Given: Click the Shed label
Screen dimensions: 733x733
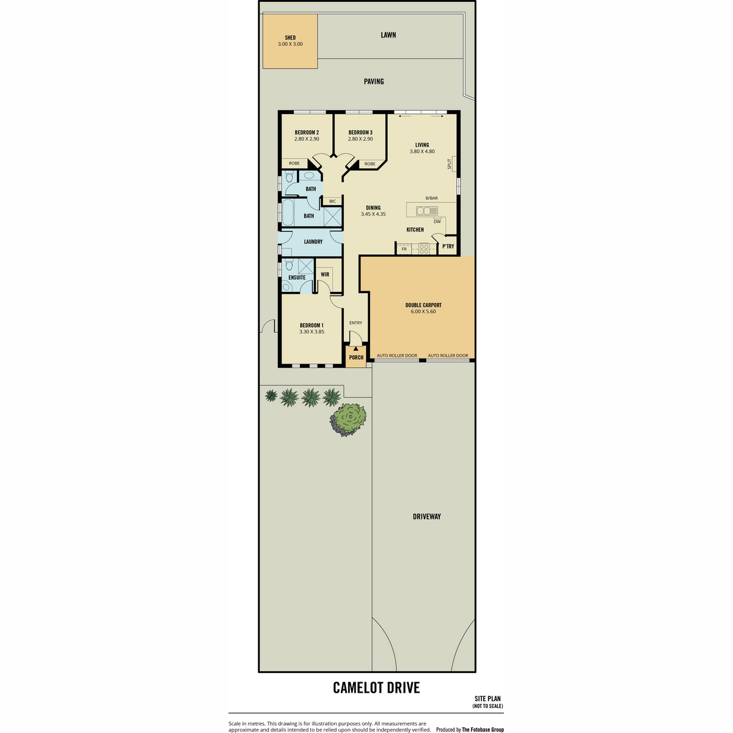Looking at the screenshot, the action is pyautogui.click(x=290, y=38).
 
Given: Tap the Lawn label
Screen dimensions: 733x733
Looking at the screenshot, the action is pyautogui.click(x=388, y=35).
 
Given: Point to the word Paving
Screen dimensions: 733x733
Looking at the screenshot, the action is pyautogui.click(x=374, y=81).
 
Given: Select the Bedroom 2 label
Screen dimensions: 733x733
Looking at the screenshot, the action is pyautogui.click(x=307, y=133).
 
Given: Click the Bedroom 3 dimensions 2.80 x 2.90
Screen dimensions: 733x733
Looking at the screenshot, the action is pyautogui.click(x=360, y=139).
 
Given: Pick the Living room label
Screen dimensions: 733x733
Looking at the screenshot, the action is pyautogui.click(x=422, y=145).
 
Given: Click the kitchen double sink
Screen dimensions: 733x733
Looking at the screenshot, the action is pyautogui.click(x=427, y=210).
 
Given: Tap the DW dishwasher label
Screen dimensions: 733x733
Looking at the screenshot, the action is pyautogui.click(x=437, y=221).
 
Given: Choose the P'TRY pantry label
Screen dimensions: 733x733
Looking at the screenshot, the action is pyautogui.click(x=448, y=246).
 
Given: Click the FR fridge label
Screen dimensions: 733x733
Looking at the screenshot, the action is pyautogui.click(x=404, y=249).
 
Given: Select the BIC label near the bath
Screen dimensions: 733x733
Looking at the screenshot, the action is pyautogui.click(x=332, y=201).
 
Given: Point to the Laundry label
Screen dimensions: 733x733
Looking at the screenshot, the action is pyautogui.click(x=313, y=241).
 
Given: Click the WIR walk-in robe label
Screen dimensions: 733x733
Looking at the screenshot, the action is pyautogui.click(x=325, y=274).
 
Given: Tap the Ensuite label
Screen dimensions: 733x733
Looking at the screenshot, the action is pyautogui.click(x=297, y=277).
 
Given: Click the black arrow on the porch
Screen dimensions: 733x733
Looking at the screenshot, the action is pyautogui.click(x=356, y=348).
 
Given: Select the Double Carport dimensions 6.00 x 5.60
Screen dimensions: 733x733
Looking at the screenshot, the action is pyautogui.click(x=423, y=312).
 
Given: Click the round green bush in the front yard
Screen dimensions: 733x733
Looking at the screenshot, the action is pyautogui.click(x=348, y=420).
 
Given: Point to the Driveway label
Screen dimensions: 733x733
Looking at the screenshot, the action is pyautogui.click(x=427, y=517).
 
